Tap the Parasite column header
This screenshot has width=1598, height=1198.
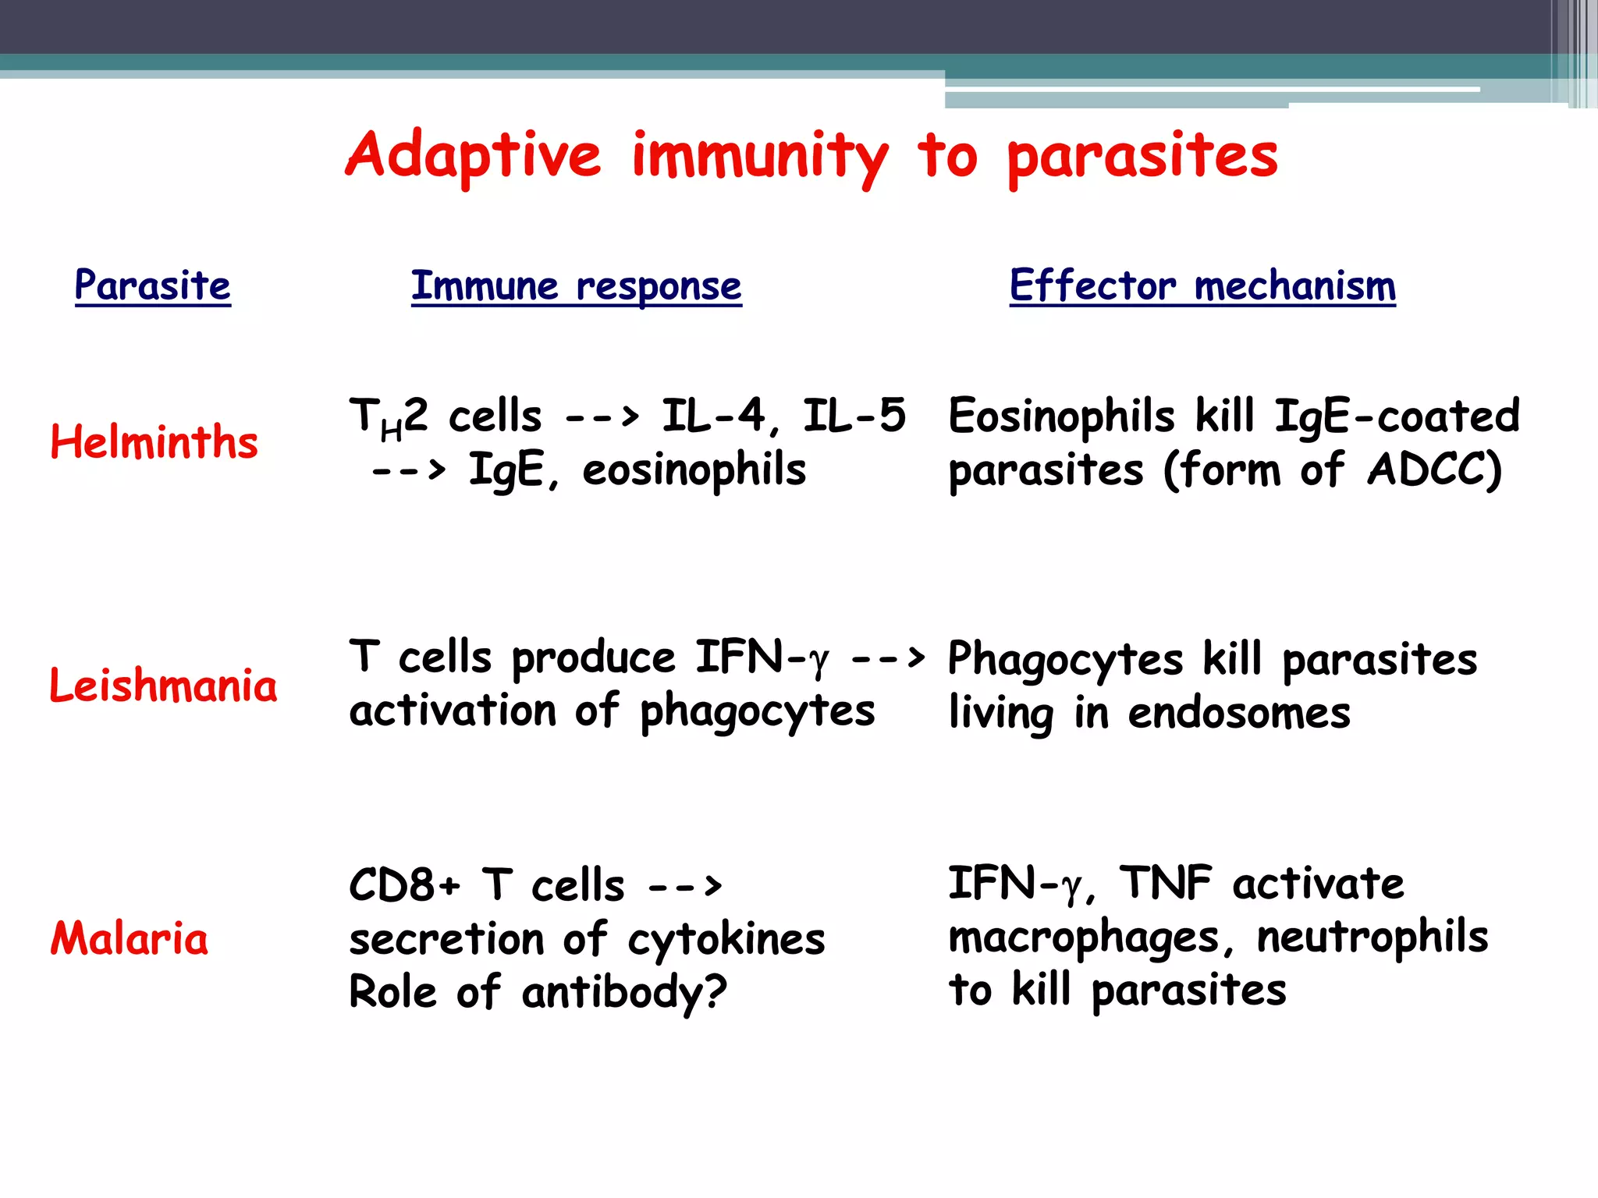[153, 285]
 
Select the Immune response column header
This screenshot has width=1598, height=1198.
[576, 286]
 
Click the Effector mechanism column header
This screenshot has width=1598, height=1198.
[1202, 285]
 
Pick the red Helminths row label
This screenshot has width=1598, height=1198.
[154, 441]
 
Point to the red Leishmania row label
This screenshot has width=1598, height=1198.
[163, 685]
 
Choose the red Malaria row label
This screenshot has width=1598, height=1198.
[130, 937]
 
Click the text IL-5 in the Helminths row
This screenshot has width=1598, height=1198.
[854, 415]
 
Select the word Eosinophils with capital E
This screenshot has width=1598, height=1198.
[1061, 415]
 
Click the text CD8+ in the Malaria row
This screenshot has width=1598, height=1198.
[405, 885]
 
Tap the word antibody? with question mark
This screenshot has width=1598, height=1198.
[624, 993]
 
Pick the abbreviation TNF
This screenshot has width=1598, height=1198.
[1166, 883]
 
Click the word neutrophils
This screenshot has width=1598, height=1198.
[1373, 936]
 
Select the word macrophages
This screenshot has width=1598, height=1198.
[1084, 937]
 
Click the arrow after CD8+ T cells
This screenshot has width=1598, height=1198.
[685, 886]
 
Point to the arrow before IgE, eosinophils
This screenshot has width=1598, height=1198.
[408, 470]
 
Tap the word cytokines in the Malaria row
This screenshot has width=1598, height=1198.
[726, 939]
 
